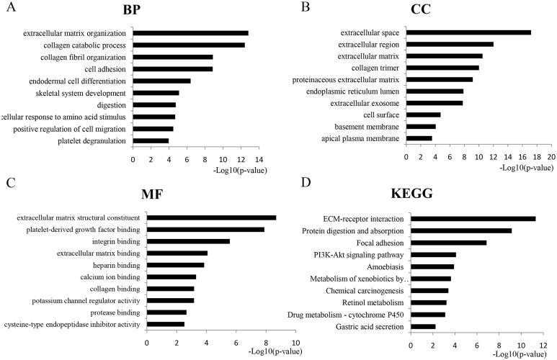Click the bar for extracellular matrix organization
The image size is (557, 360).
(x=190, y=33)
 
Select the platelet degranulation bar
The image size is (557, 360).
(x=151, y=140)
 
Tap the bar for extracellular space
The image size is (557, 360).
(x=468, y=32)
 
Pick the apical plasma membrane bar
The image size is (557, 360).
(x=419, y=138)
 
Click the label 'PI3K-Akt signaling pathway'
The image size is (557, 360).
(x=357, y=254)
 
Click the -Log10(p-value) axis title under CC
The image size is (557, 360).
(x=525, y=167)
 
